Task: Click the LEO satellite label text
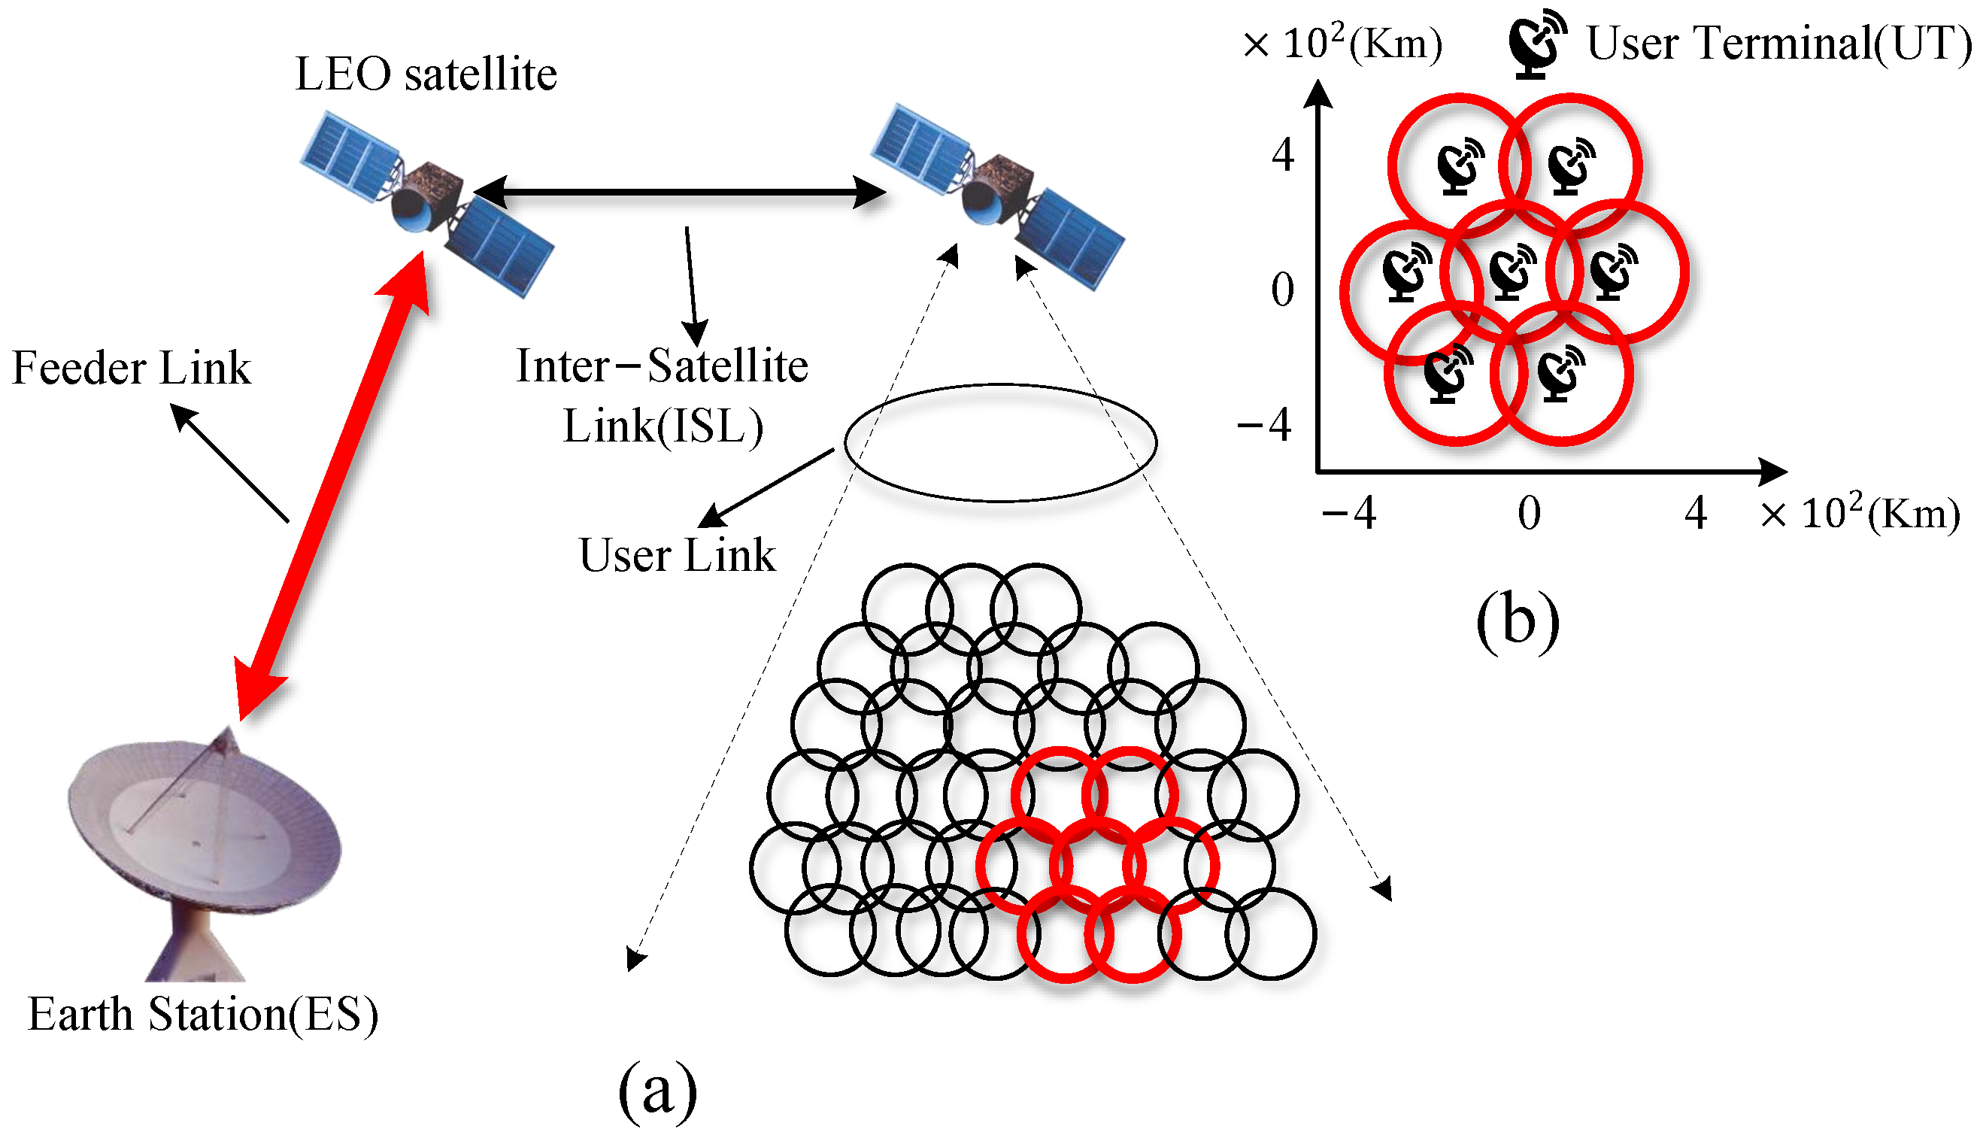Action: coord(426,75)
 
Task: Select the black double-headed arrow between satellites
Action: coord(679,192)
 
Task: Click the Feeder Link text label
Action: coord(132,368)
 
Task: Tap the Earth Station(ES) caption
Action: coord(204,1015)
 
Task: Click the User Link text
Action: coord(677,555)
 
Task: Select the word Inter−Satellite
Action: coord(662,366)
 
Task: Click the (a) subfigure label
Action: coord(657,1091)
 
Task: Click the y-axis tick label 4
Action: coord(1282,155)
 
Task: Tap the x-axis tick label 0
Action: coord(1529,514)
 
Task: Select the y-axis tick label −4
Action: coord(1264,425)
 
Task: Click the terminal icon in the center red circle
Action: coord(1512,272)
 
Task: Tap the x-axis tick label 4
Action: coord(1696,514)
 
